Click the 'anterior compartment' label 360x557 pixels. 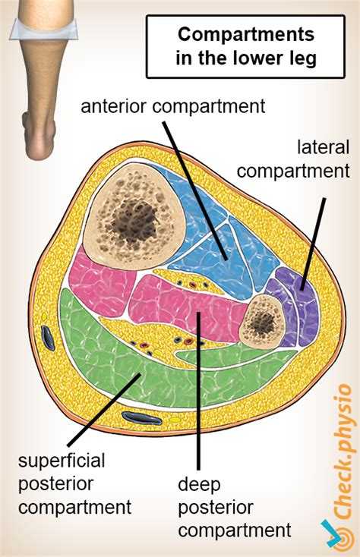point(173,106)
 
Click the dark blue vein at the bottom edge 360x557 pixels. point(141,417)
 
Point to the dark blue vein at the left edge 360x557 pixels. point(48,338)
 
